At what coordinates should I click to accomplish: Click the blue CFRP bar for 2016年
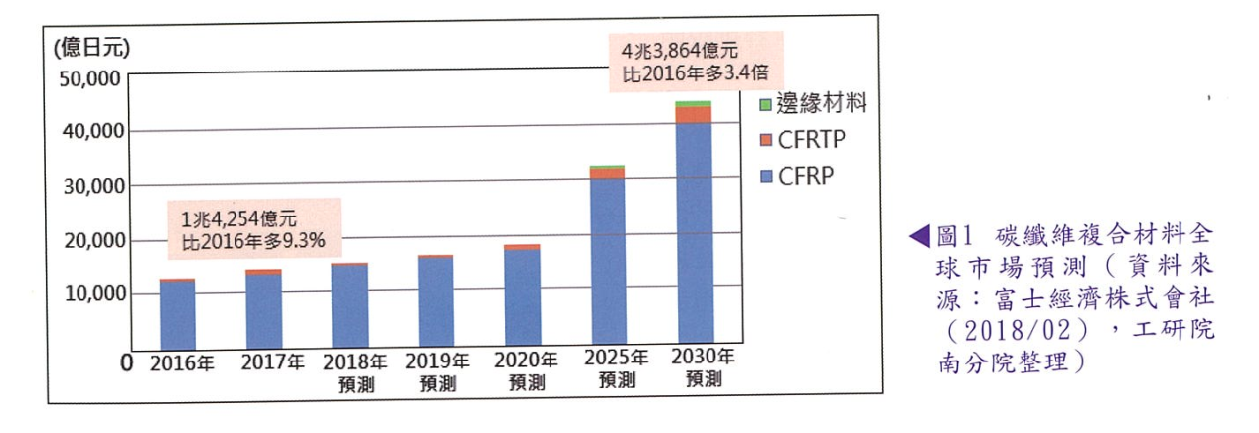click(177, 316)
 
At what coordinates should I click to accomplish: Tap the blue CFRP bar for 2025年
click(608, 263)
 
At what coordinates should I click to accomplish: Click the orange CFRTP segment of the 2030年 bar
click(693, 114)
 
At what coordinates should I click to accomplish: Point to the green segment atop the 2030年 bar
click(693, 103)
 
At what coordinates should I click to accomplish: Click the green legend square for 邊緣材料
click(765, 103)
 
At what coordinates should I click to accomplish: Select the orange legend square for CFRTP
click(765, 139)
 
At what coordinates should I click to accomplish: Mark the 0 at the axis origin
click(126, 363)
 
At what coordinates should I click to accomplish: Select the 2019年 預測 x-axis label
click(436, 371)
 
